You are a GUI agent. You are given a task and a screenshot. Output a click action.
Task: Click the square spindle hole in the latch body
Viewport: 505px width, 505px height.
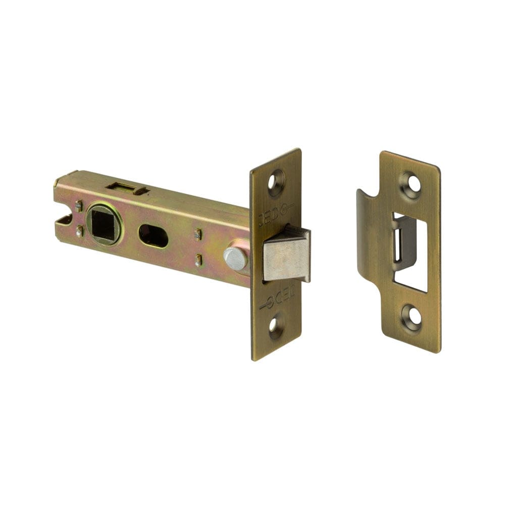tap(105, 224)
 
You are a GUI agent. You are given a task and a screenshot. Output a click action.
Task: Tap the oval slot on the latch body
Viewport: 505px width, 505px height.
tap(153, 236)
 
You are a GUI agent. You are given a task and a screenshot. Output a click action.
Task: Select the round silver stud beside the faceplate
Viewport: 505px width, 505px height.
tap(235, 258)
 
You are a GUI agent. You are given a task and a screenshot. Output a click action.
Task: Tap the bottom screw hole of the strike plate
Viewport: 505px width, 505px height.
tap(412, 316)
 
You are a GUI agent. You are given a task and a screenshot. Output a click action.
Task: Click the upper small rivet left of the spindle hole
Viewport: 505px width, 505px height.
tap(79, 205)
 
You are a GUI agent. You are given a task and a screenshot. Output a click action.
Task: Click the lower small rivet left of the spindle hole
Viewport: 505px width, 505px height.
tap(79, 232)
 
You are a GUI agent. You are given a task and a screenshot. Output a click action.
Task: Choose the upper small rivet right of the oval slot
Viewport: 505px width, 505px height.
tap(198, 235)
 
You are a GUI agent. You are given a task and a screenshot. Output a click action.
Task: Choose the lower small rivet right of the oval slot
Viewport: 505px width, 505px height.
tap(198, 261)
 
